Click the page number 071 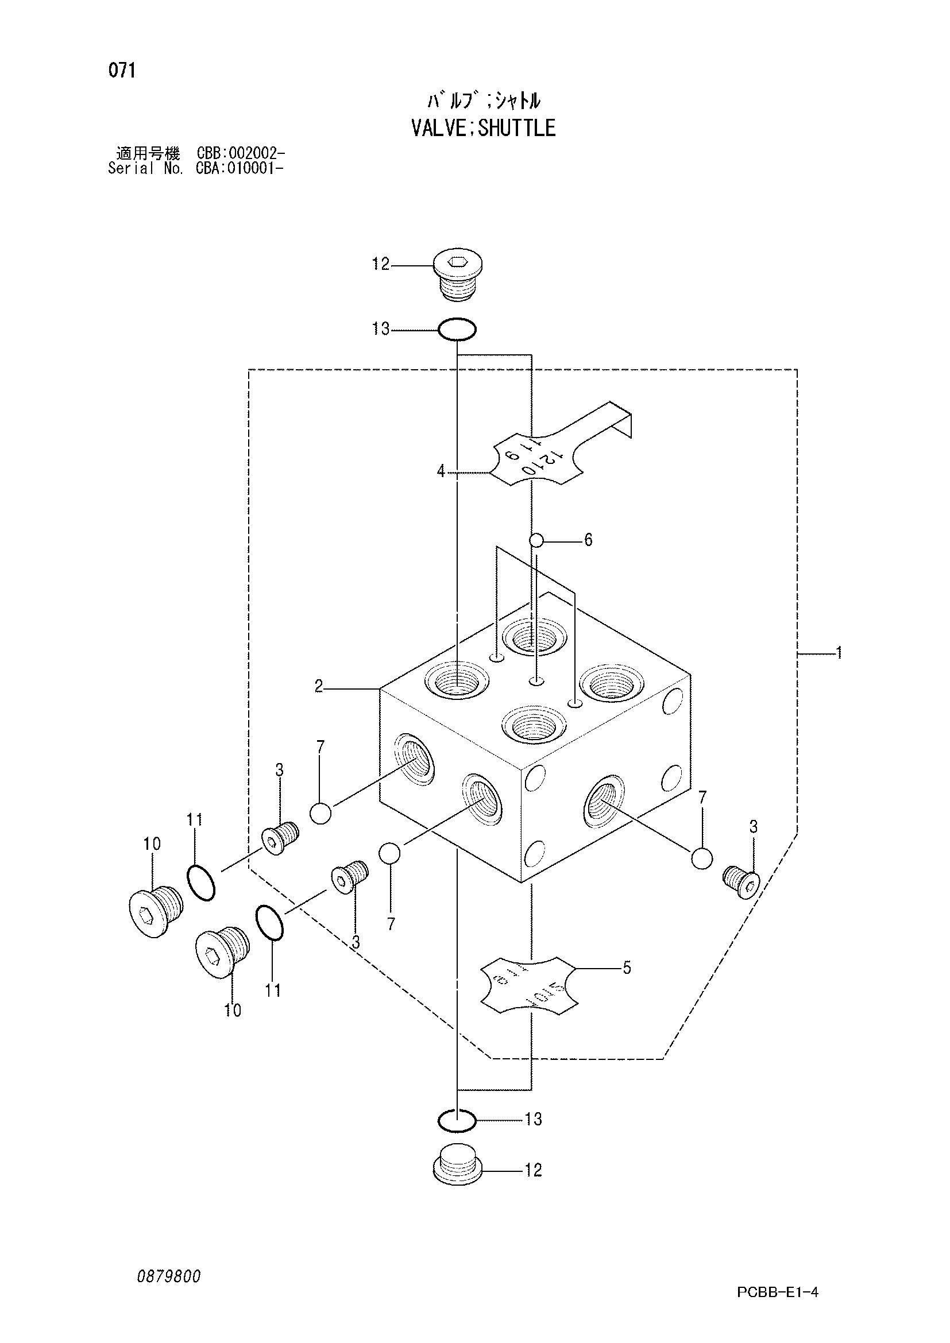122,71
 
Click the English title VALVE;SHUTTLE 483,127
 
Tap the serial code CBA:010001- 241,169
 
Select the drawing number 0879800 169,1276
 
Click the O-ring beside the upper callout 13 457,330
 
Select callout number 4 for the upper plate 441,471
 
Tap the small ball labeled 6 536,540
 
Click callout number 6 588,540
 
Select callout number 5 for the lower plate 627,968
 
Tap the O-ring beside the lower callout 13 457,1120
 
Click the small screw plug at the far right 741,881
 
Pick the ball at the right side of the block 701,858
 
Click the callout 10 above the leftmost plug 152,843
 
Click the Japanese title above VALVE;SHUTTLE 483,101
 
